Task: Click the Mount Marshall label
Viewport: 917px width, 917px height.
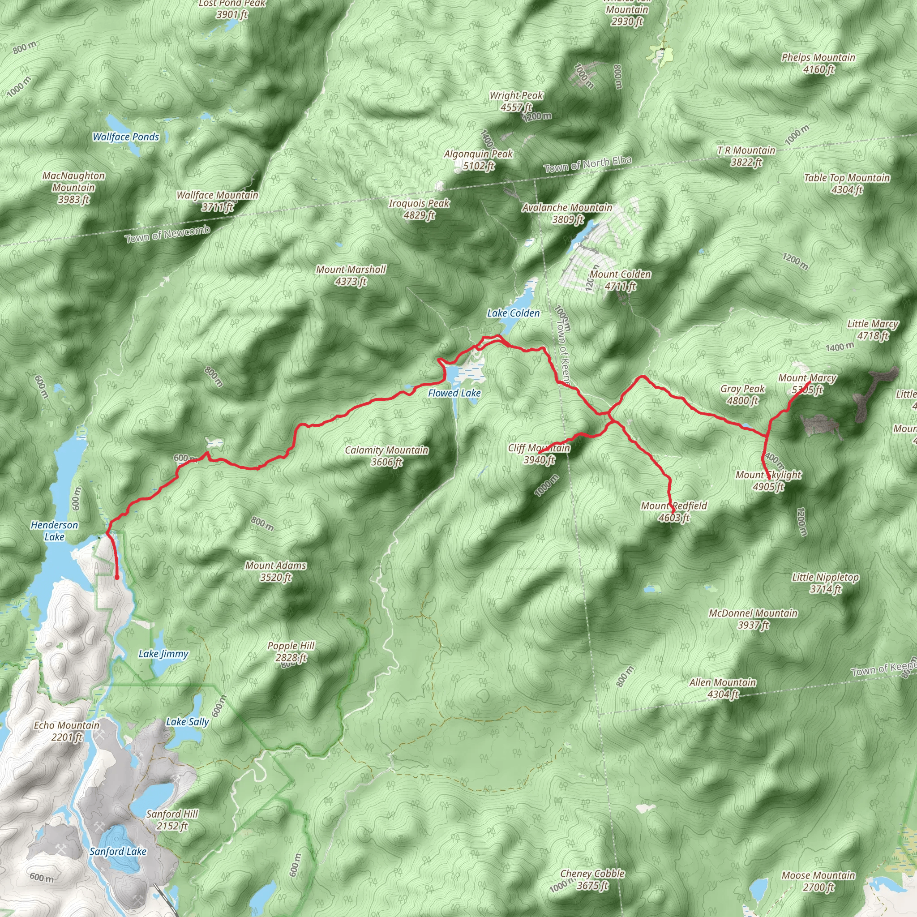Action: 351,275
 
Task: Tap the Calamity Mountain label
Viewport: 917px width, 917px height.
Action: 386,456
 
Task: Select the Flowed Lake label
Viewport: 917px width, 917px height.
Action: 454,393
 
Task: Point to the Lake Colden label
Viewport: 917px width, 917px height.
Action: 513,313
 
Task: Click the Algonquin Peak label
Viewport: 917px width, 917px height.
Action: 479,159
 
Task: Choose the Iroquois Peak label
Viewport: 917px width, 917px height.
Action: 419,209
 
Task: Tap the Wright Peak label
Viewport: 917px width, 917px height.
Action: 516,101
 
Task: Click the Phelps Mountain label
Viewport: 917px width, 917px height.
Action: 818,63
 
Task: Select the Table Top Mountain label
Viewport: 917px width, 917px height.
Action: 847,184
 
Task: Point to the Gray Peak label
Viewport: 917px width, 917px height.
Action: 742,394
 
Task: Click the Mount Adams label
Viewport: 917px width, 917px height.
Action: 276,571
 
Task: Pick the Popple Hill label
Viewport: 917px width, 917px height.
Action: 291,651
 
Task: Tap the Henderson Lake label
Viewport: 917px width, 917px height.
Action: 54,531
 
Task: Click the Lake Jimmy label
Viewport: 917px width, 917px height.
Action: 163,654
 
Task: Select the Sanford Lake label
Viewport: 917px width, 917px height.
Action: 118,852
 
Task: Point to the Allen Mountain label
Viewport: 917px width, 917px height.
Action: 723,688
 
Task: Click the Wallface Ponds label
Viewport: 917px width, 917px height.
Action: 126,137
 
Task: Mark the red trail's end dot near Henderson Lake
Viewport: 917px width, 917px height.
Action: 117,577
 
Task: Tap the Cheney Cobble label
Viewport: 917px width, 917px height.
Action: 592,879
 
